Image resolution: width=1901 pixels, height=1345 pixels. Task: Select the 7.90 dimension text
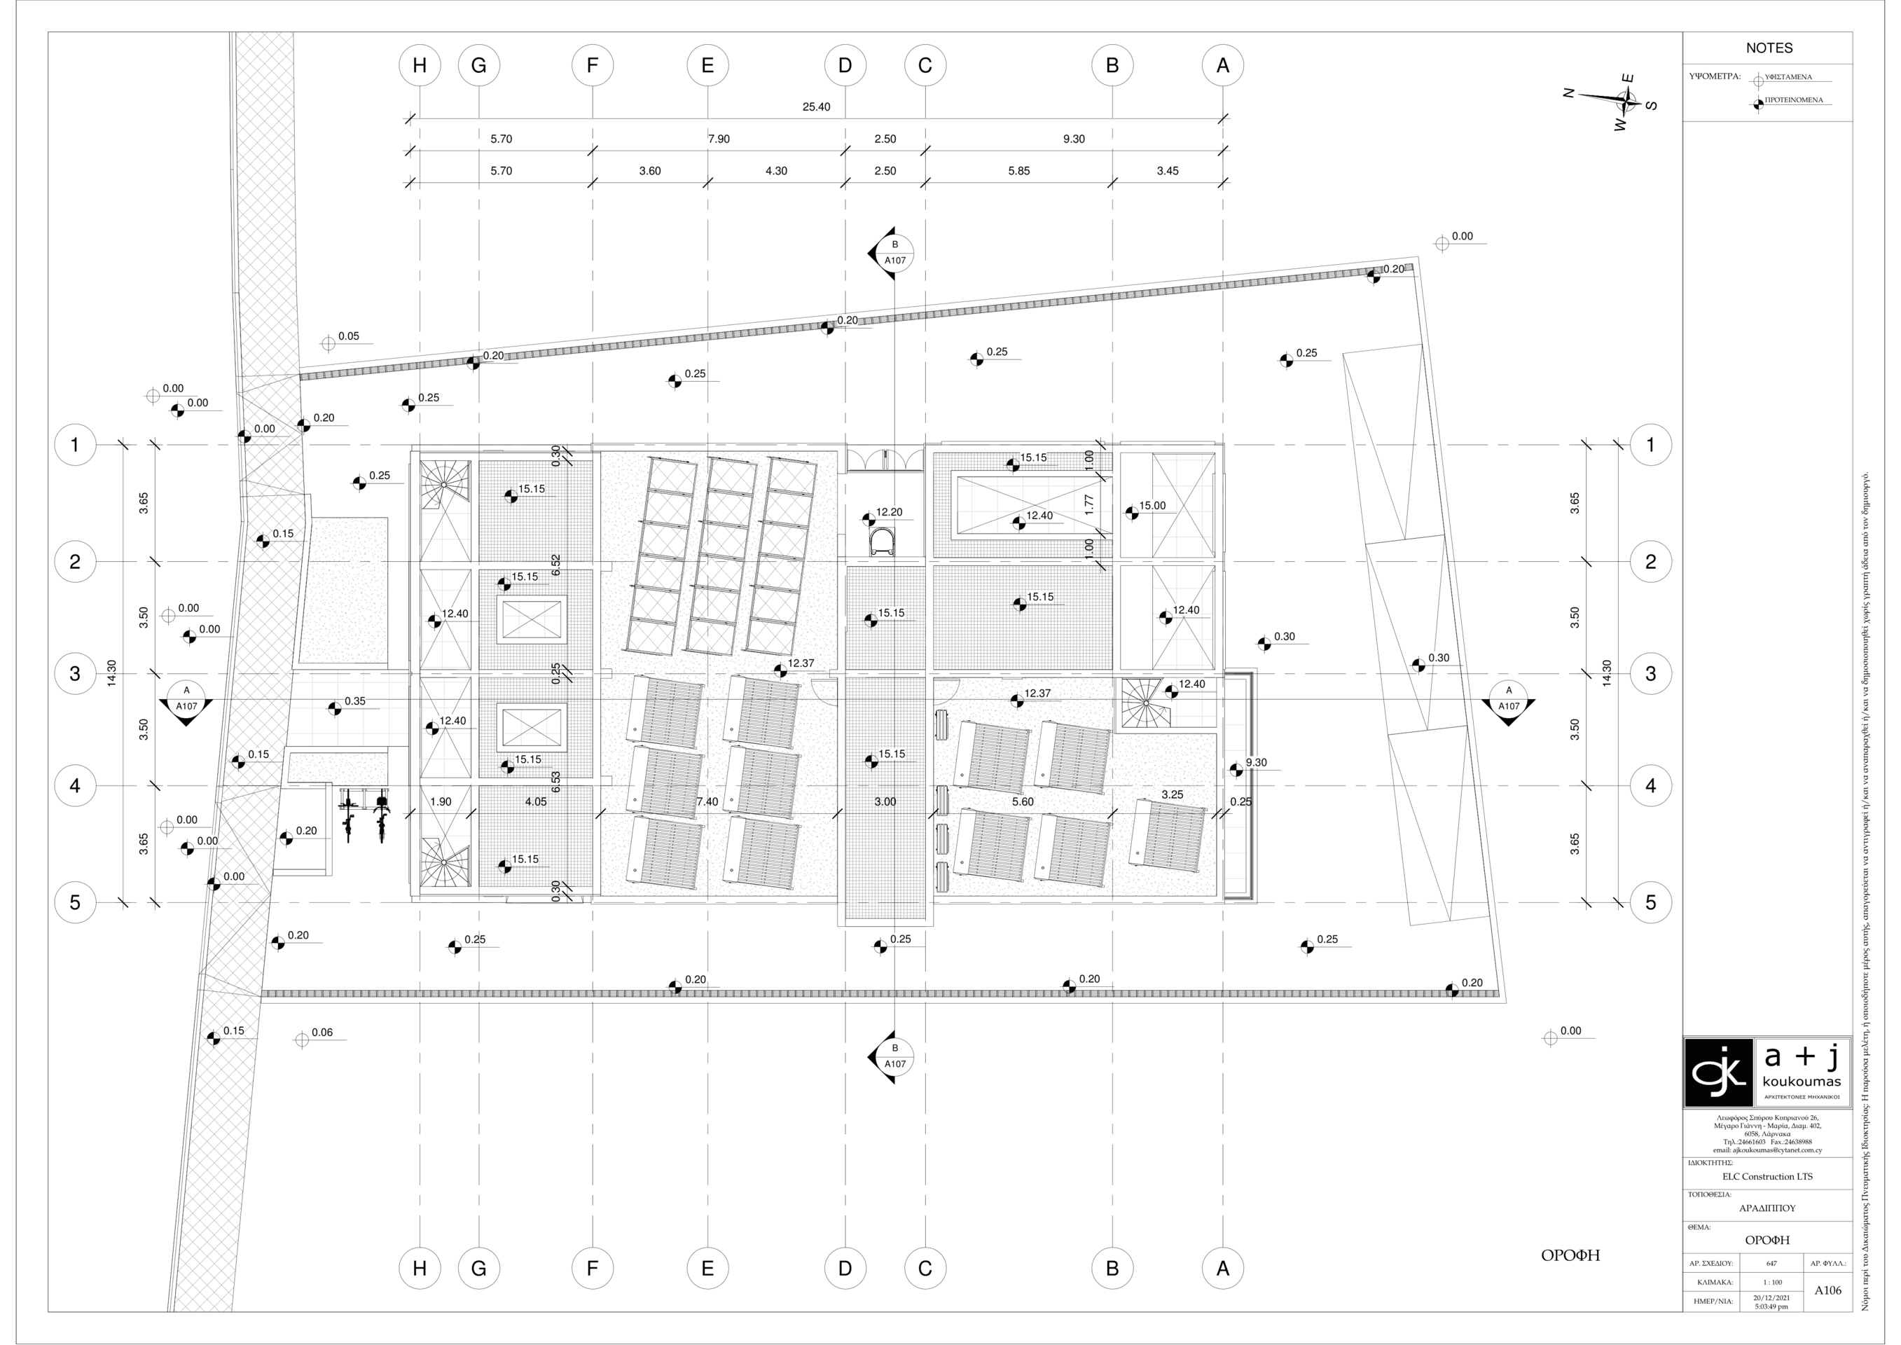(x=719, y=139)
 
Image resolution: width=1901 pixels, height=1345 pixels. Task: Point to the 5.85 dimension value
(x=1018, y=171)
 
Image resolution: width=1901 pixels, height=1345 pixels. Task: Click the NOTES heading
(x=1769, y=48)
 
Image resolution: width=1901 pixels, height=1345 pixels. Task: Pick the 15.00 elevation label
(x=1152, y=505)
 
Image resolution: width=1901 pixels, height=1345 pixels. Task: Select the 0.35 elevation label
(x=354, y=701)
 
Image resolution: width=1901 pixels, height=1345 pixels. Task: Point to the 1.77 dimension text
(x=1088, y=504)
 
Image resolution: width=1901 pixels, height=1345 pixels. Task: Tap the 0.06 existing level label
(x=322, y=1032)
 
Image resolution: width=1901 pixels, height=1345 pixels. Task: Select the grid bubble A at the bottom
(x=1222, y=1268)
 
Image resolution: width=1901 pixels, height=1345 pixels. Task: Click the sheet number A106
(x=1827, y=1290)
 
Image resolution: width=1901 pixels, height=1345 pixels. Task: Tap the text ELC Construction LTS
(x=1767, y=1176)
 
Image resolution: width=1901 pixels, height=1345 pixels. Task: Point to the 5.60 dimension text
(x=1023, y=801)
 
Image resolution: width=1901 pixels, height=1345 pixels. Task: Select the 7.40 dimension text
(x=707, y=801)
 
